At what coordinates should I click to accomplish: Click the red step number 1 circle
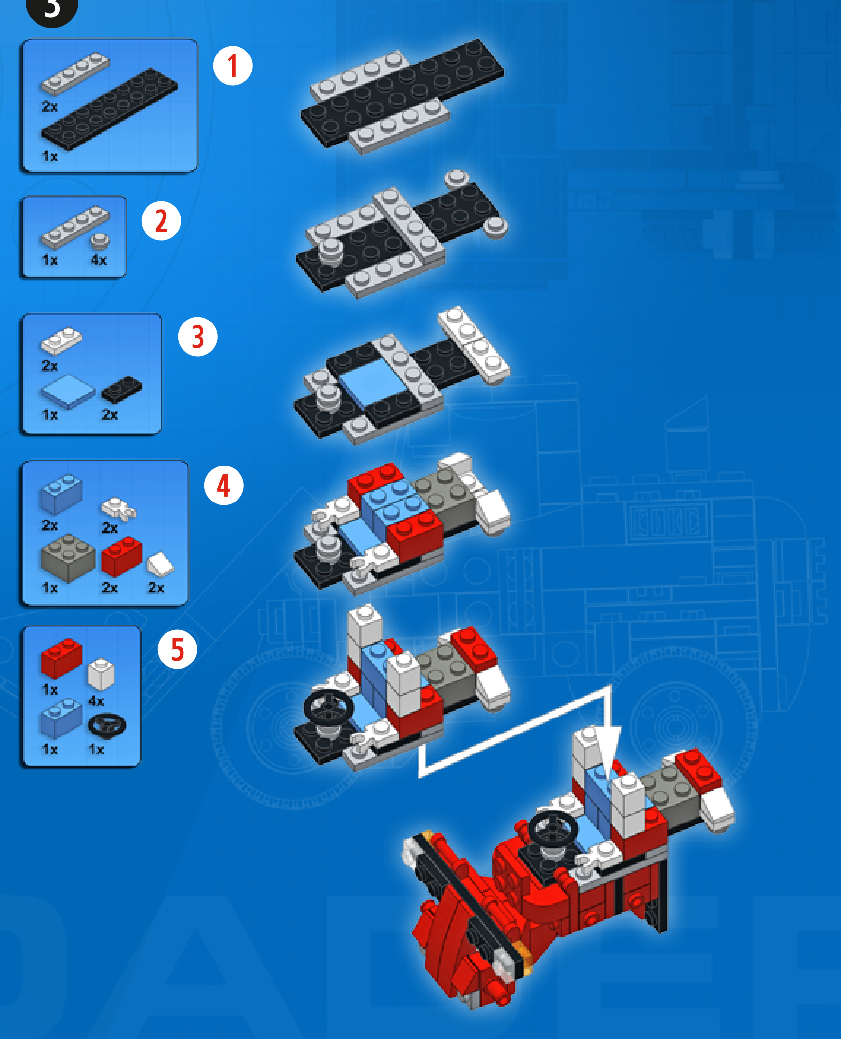pos(233,66)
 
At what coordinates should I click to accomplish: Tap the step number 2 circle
pos(161,221)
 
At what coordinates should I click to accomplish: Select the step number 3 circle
pos(198,337)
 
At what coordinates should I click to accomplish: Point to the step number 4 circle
pos(223,485)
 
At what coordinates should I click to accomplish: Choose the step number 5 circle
pos(177,649)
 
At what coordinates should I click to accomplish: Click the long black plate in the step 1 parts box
pos(110,108)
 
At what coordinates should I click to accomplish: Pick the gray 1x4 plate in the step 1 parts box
pos(75,73)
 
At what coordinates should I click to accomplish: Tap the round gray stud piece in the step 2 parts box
pos(100,242)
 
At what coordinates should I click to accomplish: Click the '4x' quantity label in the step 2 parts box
pos(98,260)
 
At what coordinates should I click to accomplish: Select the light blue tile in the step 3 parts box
pos(68,391)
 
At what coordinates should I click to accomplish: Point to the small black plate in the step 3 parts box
pos(122,389)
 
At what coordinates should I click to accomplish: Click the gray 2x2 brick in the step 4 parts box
pos(68,558)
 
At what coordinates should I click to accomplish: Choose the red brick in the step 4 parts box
pos(122,556)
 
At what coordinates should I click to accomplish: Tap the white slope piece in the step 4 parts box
pos(161,564)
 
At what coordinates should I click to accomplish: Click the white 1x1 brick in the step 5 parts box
pos(101,674)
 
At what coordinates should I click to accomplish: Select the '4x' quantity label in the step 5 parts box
pos(96,701)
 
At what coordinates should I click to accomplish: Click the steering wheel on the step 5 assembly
pos(329,706)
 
